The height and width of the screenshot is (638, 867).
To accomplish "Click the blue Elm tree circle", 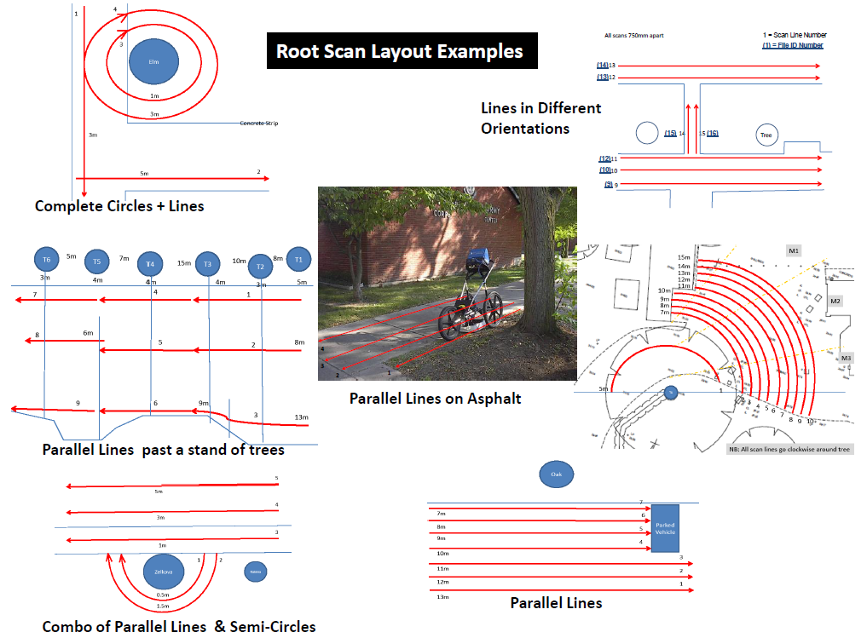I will (154, 63).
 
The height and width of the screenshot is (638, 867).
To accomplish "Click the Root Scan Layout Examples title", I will (400, 51).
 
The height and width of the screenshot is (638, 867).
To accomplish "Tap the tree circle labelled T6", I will (47, 259).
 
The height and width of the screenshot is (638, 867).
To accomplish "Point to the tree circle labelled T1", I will (298, 259).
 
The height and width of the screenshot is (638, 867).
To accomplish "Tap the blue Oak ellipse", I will (556, 474).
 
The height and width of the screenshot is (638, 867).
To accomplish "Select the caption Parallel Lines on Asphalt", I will (436, 398).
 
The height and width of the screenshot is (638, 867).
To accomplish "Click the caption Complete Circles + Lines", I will (119, 206).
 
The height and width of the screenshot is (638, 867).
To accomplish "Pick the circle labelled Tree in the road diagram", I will (766, 135).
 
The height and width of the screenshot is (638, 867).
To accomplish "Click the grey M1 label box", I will (794, 250).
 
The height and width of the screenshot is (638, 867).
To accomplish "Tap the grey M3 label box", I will (846, 359).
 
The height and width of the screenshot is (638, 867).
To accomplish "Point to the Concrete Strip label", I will (259, 124).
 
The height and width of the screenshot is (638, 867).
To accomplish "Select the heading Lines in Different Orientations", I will (541, 118).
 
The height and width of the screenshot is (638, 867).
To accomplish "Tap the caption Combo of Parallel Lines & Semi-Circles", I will (179, 627).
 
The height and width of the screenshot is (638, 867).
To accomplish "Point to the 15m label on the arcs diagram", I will (683, 257).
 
